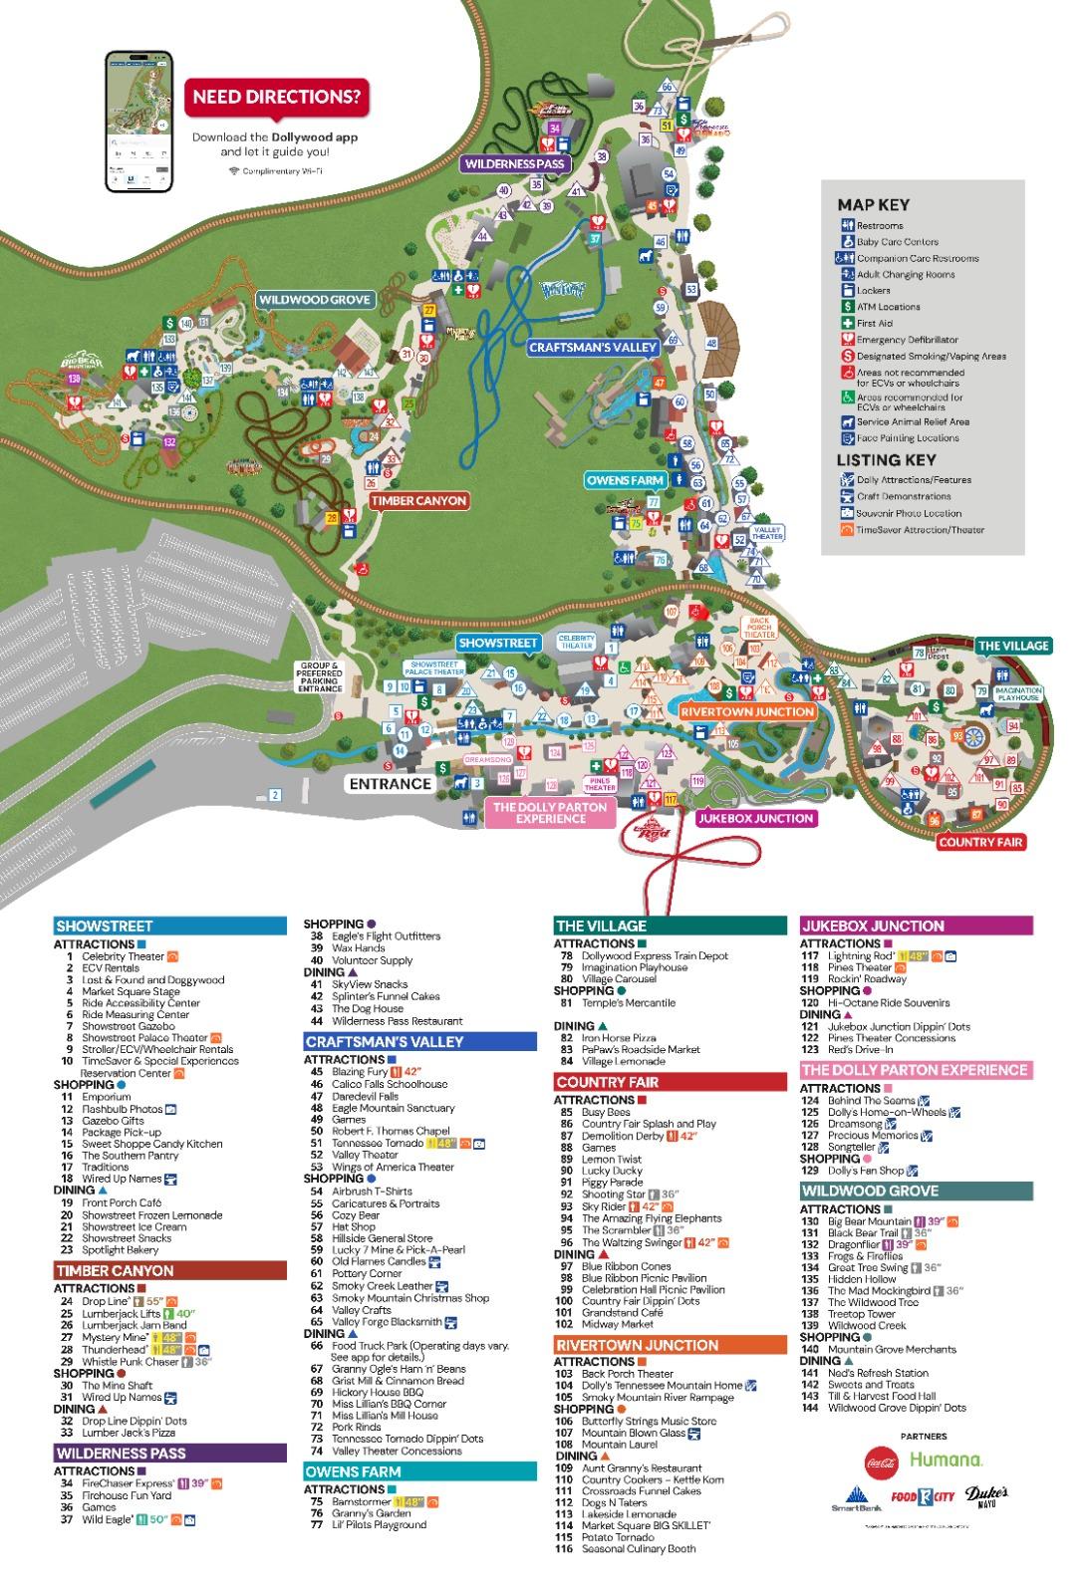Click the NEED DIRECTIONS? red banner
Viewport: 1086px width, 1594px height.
click(276, 98)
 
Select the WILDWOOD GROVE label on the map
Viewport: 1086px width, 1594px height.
click(315, 299)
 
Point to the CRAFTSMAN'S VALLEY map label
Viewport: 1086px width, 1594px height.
click(592, 348)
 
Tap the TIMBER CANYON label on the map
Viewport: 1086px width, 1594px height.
click(418, 500)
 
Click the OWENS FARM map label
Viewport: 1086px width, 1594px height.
click(625, 480)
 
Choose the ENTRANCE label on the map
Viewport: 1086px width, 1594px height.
click(390, 783)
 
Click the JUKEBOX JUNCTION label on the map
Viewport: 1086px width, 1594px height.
click(755, 818)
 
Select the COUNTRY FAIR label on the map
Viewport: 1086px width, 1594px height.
click(981, 842)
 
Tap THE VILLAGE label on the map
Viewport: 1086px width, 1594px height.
click(1013, 646)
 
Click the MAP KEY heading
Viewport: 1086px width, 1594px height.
click(873, 204)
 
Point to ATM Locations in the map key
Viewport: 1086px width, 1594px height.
click(888, 307)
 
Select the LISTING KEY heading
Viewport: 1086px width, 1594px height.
click(886, 459)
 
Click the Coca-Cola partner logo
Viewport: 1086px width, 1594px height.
click(882, 1460)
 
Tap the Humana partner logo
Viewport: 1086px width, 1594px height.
click(946, 1460)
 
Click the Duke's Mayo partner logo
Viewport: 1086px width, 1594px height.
click(987, 1496)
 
